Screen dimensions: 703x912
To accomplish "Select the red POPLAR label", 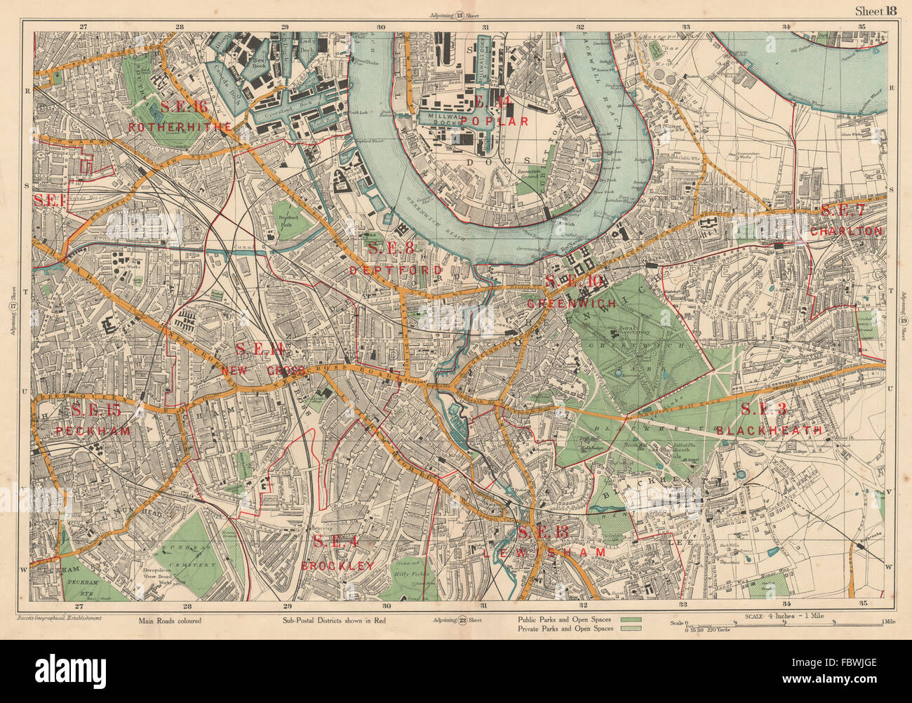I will [x=490, y=121].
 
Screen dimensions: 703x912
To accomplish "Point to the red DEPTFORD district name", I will [x=396, y=270].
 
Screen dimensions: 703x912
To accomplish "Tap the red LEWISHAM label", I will [x=544, y=553].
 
